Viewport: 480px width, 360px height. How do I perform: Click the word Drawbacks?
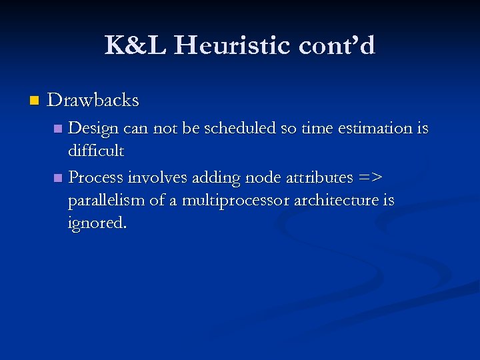tap(93, 101)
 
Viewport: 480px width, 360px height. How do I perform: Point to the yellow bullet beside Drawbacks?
tap(35, 101)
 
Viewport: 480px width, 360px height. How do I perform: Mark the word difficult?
tap(95, 151)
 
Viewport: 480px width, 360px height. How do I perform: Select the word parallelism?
tap(106, 201)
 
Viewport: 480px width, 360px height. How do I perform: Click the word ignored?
tap(97, 223)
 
